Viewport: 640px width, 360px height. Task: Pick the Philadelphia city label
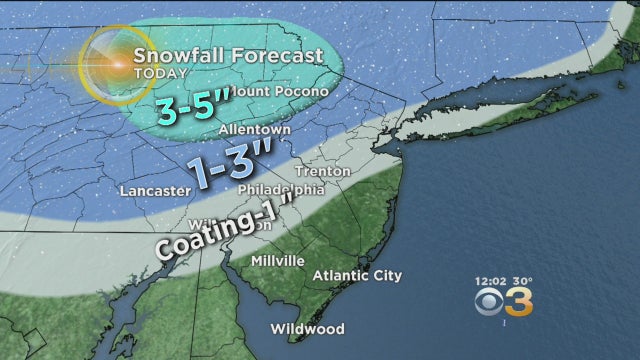(x=281, y=189)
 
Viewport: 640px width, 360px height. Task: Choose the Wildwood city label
(x=307, y=329)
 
